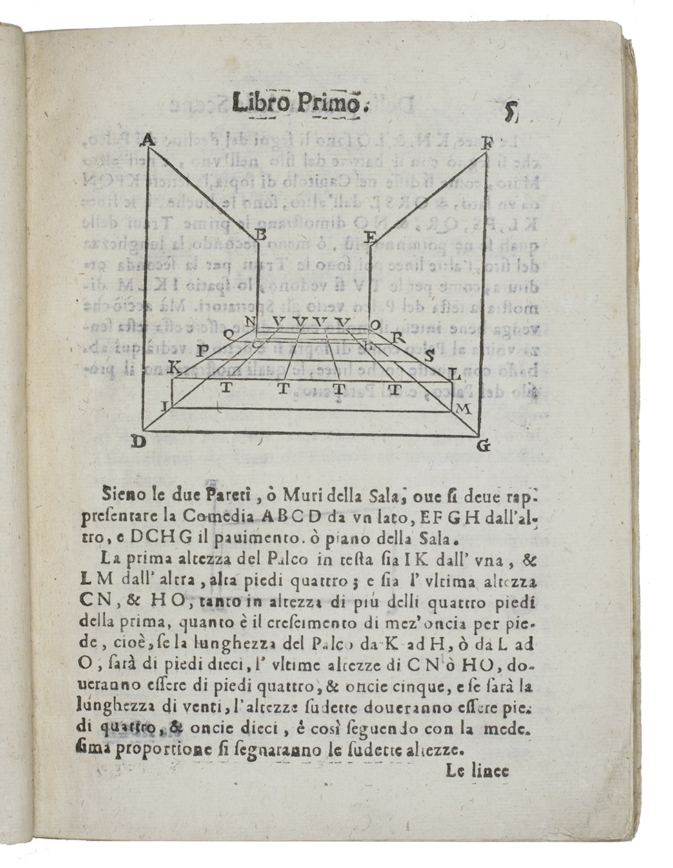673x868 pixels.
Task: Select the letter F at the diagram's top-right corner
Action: click(488, 144)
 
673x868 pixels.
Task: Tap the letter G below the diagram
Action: click(483, 446)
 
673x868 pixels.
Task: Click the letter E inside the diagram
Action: click(370, 238)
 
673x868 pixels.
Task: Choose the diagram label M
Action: click(463, 410)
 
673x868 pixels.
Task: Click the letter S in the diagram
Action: click(429, 356)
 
